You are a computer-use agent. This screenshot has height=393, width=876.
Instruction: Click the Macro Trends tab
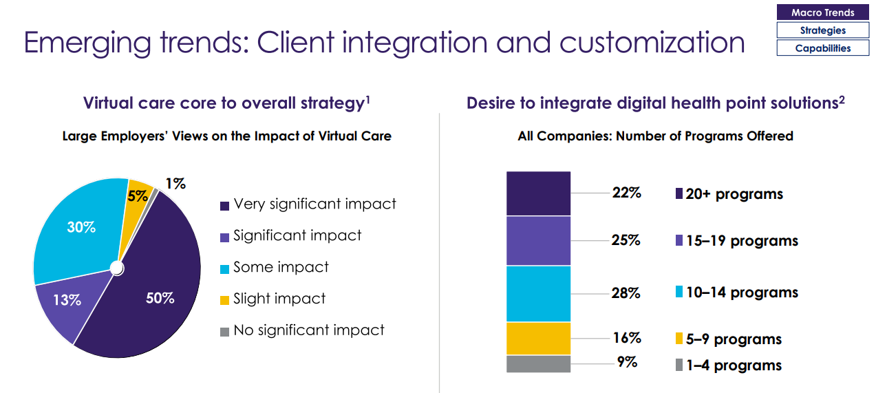(x=822, y=12)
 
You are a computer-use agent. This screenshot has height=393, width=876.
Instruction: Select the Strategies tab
(x=822, y=30)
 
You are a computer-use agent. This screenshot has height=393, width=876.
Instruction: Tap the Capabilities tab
(x=822, y=48)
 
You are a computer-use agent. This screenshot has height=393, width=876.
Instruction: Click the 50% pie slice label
(x=160, y=299)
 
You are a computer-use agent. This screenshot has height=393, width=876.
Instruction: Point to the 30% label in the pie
(x=81, y=227)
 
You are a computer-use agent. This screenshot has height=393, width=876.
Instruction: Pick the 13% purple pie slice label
(x=67, y=300)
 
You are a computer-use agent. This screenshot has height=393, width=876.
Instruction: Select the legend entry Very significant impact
(x=314, y=204)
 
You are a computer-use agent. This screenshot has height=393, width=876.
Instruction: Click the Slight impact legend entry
(x=279, y=299)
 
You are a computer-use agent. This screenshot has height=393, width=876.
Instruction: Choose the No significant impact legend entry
(x=308, y=331)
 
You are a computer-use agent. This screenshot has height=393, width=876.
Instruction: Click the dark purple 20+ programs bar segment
(x=538, y=193)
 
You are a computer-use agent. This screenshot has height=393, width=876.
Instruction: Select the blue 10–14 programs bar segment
(x=538, y=293)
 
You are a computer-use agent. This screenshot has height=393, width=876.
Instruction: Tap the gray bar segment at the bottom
(x=538, y=363)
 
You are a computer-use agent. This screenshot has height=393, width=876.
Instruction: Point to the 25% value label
(x=626, y=240)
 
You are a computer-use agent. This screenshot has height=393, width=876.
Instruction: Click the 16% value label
(x=627, y=338)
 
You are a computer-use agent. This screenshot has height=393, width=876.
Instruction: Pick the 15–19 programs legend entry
(x=736, y=241)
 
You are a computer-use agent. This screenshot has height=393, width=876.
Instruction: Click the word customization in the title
(x=652, y=43)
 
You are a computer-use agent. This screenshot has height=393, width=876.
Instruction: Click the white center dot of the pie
(x=117, y=267)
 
